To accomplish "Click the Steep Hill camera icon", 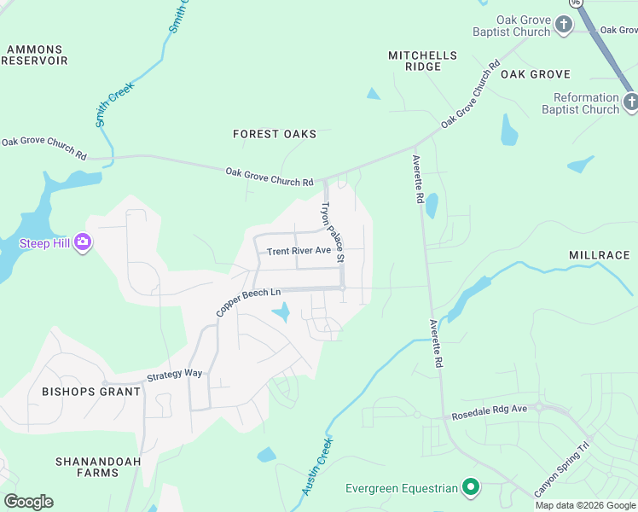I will point(83,243).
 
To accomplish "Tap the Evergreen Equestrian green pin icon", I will point(470,488).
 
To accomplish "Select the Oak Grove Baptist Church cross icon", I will point(564,26).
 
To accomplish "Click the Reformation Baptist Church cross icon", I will point(630,103).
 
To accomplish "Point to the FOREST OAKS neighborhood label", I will point(275,134).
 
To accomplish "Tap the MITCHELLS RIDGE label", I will point(422,61).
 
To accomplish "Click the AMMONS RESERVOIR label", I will point(34,55).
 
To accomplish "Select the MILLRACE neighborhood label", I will point(600,255).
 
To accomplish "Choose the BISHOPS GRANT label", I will point(91,392).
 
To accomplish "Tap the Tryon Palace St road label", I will point(332,231).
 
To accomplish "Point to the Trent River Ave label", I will point(299,251).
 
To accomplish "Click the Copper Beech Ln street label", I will point(248,303).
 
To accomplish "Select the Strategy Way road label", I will point(174,375).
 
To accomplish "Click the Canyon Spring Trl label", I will point(562,470).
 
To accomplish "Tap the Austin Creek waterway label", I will point(317,467).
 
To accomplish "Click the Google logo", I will point(28,502).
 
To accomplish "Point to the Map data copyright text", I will point(585,505).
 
